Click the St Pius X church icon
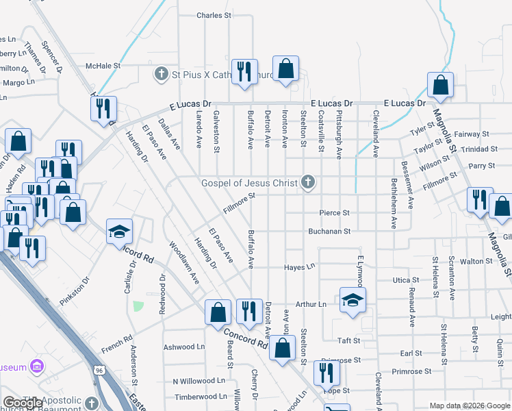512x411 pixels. tap(162, 73)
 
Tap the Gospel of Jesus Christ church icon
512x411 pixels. tap(309, 182)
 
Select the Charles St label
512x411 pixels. tap(214, 15)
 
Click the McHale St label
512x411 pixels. tap(103, 66)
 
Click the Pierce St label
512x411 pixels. tap(334, 213)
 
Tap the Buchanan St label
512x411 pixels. tap(329, 232)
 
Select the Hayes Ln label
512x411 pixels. tap(300, 266)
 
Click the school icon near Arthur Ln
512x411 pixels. tap(353, 300)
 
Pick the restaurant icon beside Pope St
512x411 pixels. tap(327, 373)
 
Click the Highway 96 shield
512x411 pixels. tap(100, 371)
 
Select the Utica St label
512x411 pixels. tap(405, 280)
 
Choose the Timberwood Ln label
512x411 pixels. tap(201, 397)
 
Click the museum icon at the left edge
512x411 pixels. tap(36, 367)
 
